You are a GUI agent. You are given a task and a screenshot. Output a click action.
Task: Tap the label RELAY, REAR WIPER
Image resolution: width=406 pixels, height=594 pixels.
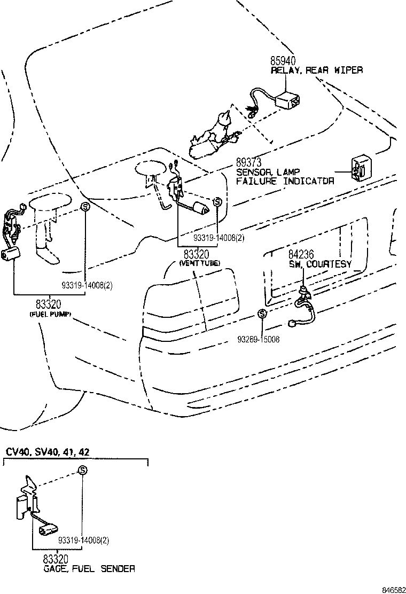317,70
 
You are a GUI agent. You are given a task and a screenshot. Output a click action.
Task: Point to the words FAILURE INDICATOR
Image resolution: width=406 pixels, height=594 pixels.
285,181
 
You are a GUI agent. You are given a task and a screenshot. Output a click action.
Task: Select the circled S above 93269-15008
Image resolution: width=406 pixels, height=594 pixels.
261,314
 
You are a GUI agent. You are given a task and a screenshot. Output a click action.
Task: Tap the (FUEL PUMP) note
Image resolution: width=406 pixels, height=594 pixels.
50,315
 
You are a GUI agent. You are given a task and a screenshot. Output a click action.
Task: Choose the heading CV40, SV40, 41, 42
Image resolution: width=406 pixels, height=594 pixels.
48,452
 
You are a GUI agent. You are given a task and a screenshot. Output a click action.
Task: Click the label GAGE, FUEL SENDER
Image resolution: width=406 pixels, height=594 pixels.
89,569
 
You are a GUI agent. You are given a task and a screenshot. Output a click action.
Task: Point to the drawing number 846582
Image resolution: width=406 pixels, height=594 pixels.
393,590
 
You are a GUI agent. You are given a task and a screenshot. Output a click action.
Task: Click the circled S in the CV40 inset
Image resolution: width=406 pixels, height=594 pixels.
82,470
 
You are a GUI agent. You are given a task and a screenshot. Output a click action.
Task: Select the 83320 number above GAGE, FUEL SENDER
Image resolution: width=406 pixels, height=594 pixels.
57,559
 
